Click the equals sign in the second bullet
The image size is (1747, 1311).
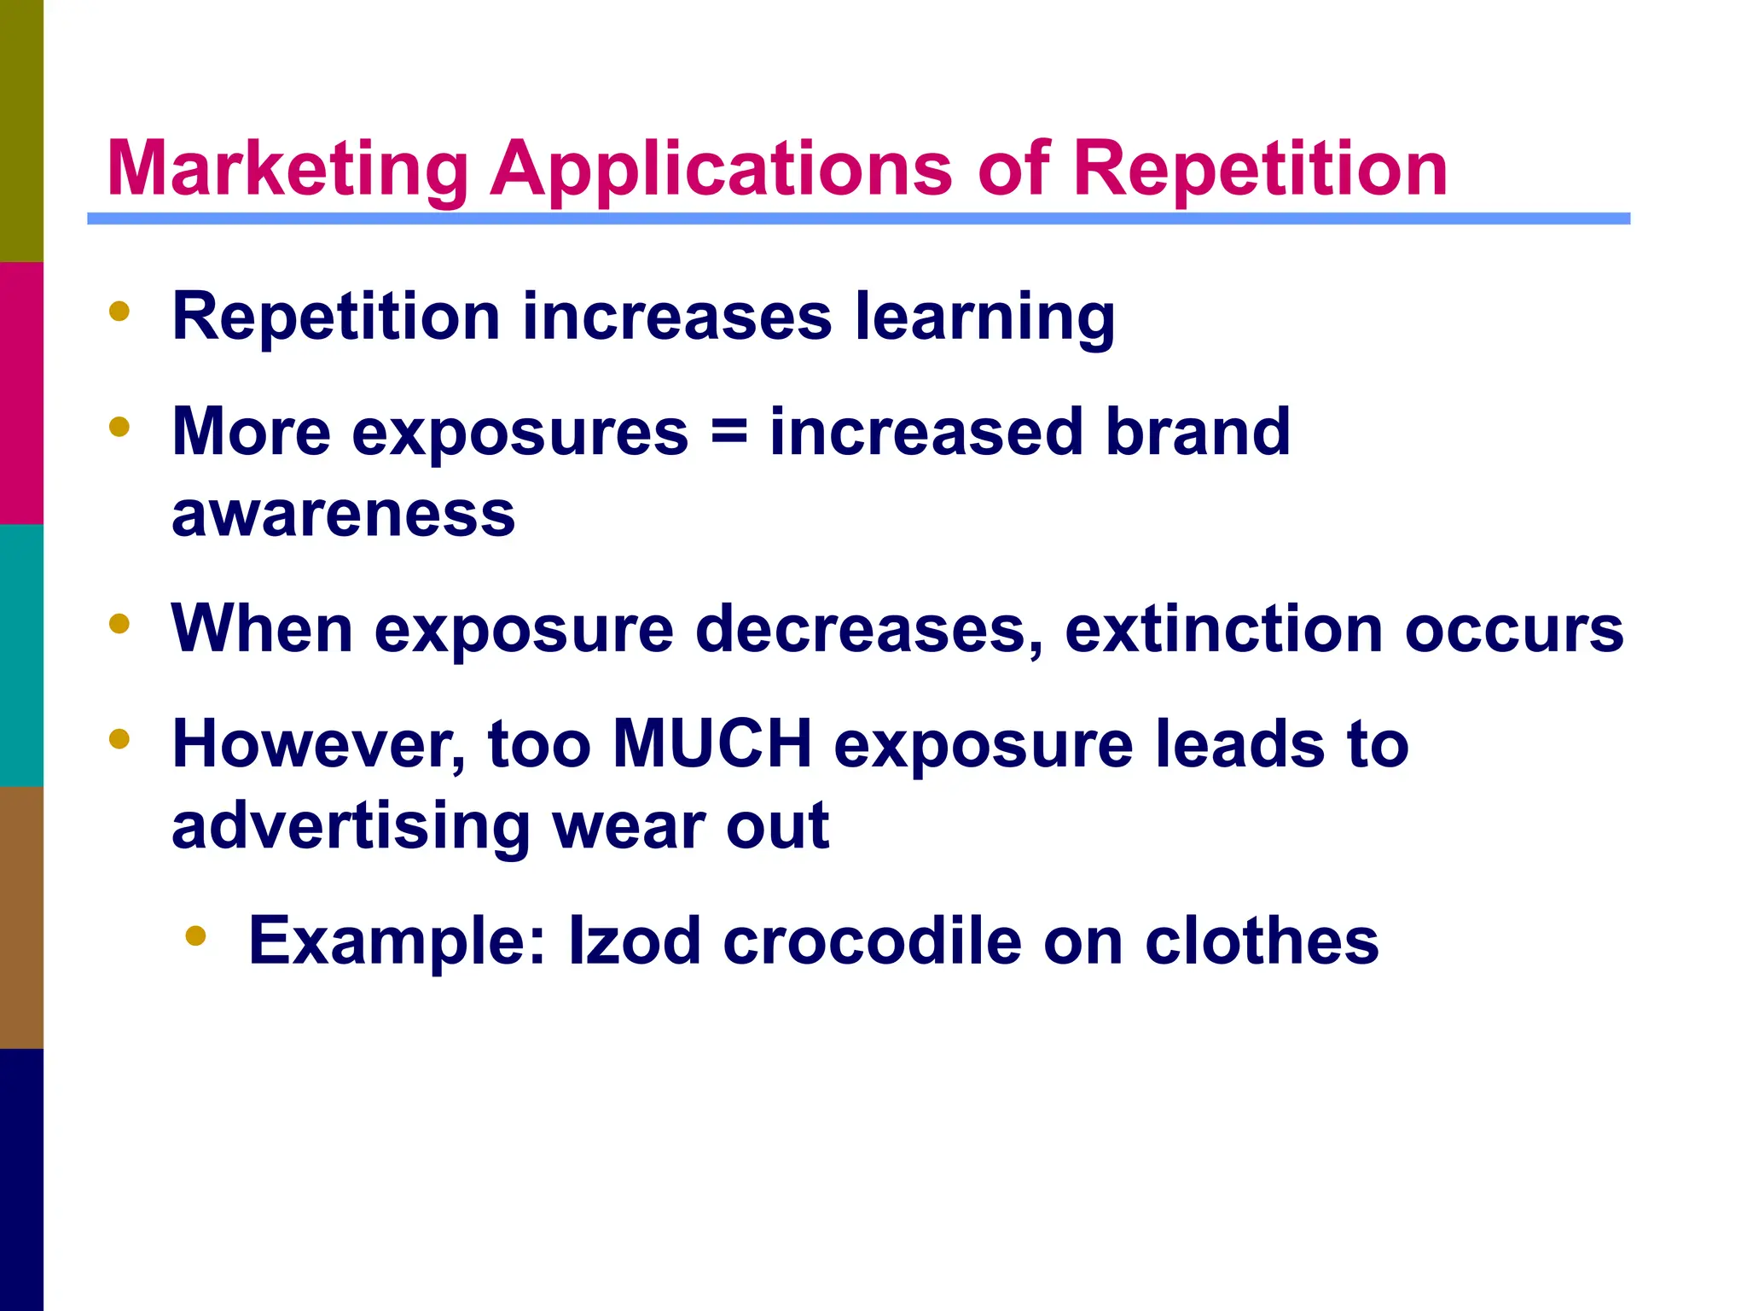click(x=728, y=432)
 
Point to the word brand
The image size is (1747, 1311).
click(x=1198, y=432)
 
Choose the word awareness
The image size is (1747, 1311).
click(x=343, y=514)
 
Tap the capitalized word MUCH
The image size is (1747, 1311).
click(x=712, y=744)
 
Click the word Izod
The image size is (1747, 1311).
click(x=635, y=941)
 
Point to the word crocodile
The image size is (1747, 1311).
click(x=872, y=941)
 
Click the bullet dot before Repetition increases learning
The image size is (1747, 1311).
click(x=119, y=312)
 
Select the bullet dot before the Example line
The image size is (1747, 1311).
click(x=195, y=935)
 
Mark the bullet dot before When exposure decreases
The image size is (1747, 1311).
click(x=119, y=624)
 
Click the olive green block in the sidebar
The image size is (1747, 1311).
click(x=21, y=131)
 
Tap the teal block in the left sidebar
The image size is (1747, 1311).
click(x=21, y=655)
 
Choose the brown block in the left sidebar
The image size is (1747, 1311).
click(x=21, y=917)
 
